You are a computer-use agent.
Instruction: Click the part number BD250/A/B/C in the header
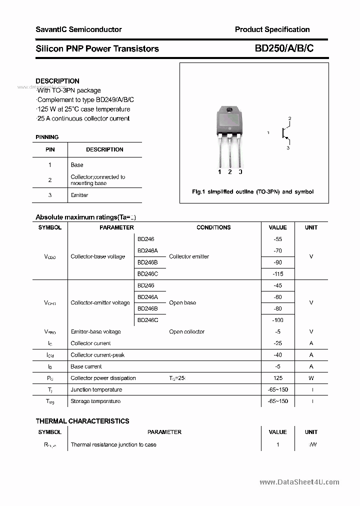coord(284,48)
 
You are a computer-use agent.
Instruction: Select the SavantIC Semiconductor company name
coord(78,29)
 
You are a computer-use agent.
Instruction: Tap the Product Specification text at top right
coord(272,29)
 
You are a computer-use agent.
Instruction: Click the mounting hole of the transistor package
coord(229,110)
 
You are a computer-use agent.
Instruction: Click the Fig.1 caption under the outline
coord(253,192)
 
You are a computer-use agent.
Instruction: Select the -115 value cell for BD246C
coord(278,274)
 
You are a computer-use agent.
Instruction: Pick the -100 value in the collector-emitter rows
coord(278,320)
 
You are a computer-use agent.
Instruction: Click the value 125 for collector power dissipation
coord(278,378)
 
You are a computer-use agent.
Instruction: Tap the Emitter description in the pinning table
coord(79,195)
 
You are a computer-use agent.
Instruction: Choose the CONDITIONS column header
coord(213,227)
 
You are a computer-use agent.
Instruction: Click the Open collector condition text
coord(186,331)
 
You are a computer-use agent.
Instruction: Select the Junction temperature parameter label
coord(96,389)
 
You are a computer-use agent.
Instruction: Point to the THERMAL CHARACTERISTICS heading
coord(82,421)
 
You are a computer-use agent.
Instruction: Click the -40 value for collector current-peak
coord(278,355)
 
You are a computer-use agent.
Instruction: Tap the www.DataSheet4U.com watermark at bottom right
coord(299,482)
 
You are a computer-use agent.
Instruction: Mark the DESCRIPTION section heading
coord(57,81)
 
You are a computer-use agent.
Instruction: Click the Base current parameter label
coord(86,366)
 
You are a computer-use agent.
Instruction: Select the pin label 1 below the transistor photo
coord(219,172)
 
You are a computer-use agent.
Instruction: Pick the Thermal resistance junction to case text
coord(113,444)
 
